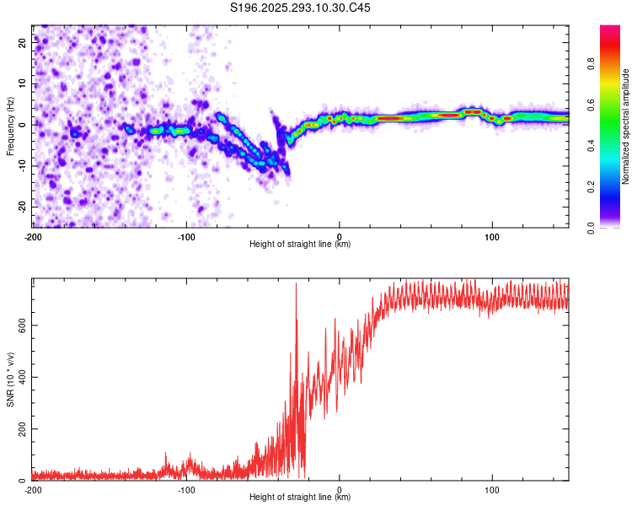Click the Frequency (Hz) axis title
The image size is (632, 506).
coord(10,126)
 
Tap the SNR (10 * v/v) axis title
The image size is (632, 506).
coord(10,379)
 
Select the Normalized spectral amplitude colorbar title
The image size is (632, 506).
coord(626,126)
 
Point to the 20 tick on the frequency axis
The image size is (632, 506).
coord(23,44)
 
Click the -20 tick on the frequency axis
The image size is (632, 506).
coord(21,207)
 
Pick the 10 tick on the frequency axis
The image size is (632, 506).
coord(23,84)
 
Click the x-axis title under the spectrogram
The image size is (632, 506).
coord(300,245)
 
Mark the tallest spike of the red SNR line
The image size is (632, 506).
coord(296,284)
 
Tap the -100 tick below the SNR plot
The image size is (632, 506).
coord(186,489)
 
